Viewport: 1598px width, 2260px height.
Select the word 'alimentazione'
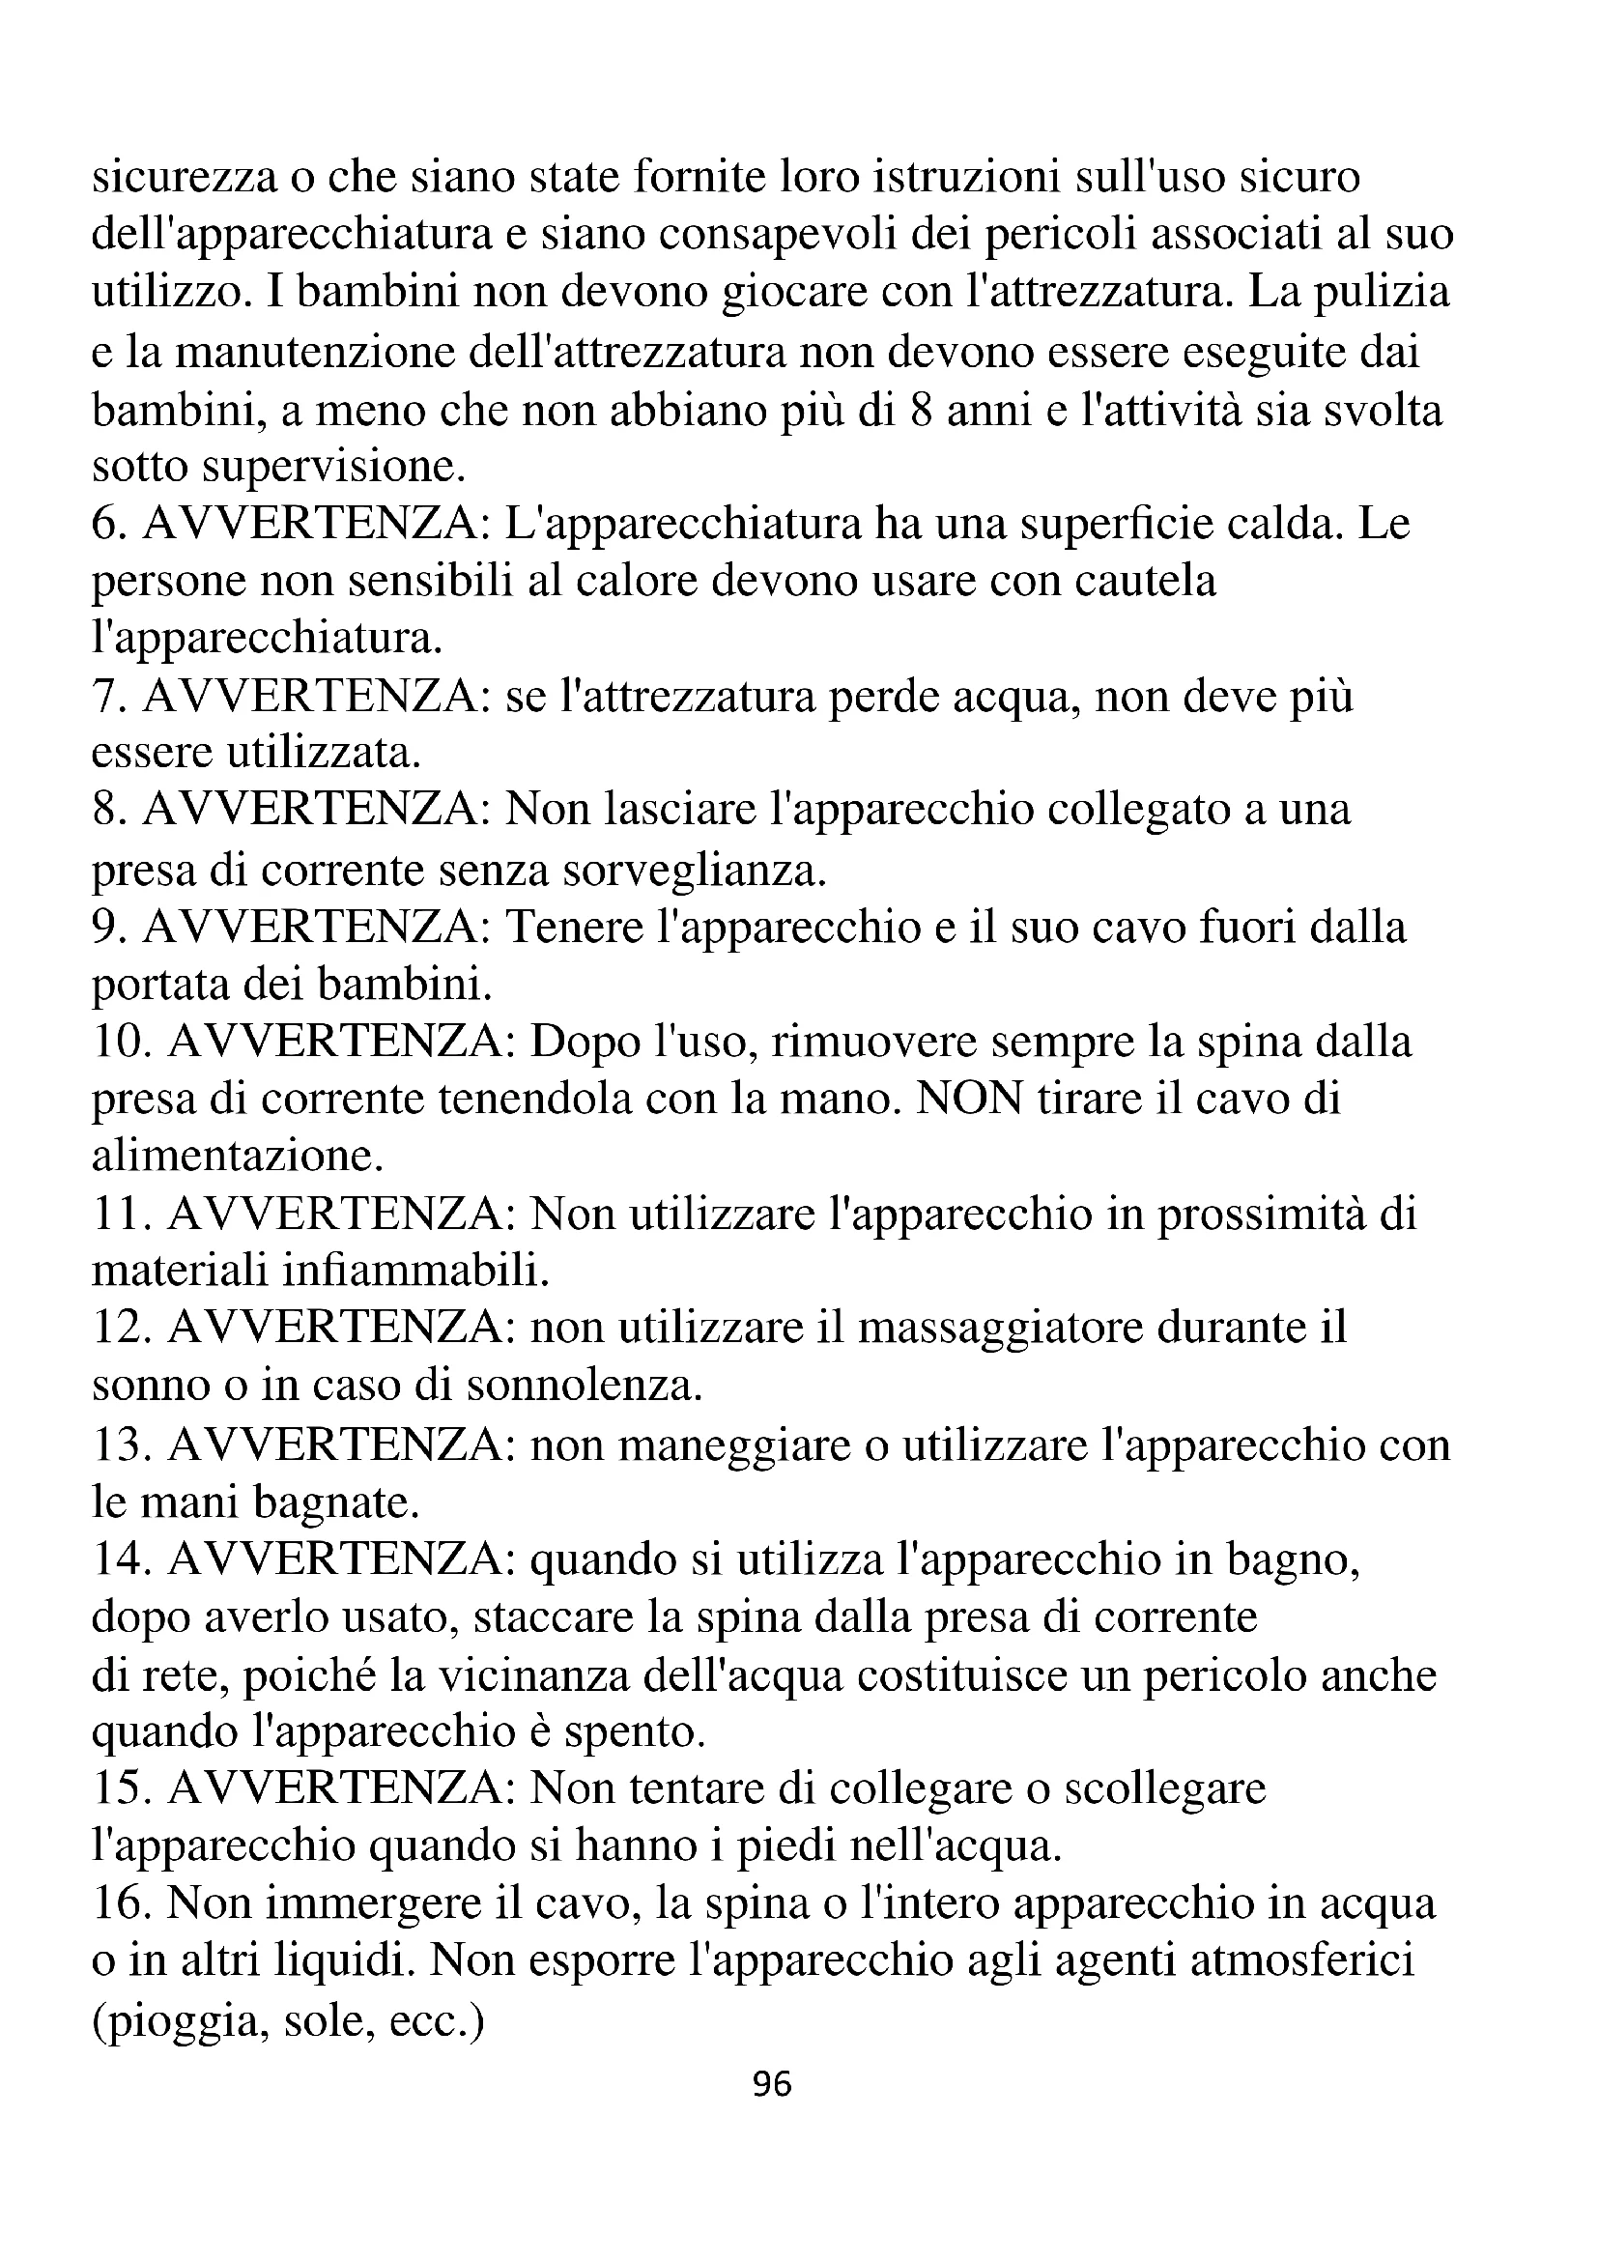(x=236, y=1157)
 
